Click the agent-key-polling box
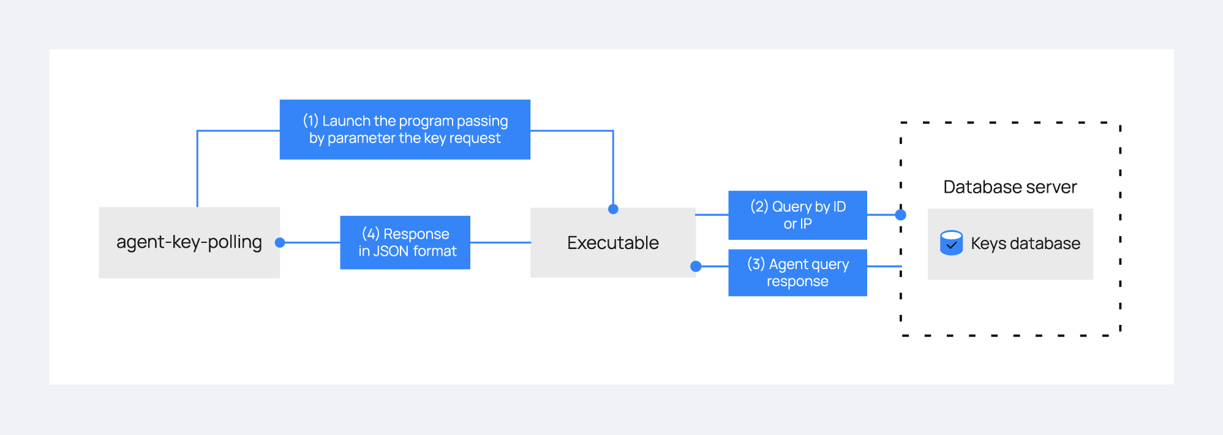[189, 242]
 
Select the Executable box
[613, 242]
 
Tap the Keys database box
[1010, 244]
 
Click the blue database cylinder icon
[951, 243]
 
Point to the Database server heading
[1010, 187]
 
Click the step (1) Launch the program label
[405, 130]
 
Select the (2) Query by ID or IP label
[797, 215]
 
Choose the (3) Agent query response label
[797, 273]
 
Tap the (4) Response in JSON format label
[405, 242]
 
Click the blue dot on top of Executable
[613, 209]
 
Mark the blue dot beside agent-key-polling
[280, 243]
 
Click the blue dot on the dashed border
[901, 215]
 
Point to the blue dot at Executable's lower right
[696, 266]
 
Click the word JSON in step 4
[391, 251]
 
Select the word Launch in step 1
[347, 121]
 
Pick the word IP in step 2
[805, 224]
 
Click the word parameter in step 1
[361, 139]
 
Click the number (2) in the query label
[759, 207]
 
